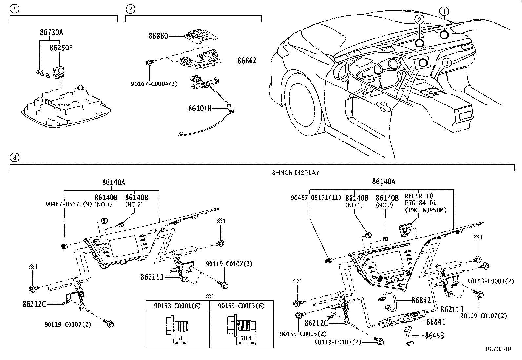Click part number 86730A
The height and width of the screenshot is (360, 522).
51,32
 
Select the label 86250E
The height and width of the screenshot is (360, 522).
61,48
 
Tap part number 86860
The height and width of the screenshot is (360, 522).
158,36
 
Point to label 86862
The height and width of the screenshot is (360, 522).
247,61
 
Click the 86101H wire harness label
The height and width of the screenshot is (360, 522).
200,108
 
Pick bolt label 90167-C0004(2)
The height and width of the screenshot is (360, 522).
154,84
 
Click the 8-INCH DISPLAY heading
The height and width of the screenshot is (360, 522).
295,173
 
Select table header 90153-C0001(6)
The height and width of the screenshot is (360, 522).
177,306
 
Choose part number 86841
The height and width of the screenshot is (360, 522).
436,322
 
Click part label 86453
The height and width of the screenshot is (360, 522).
434,335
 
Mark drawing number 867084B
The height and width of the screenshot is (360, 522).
498,349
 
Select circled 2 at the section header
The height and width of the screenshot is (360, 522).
130,9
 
